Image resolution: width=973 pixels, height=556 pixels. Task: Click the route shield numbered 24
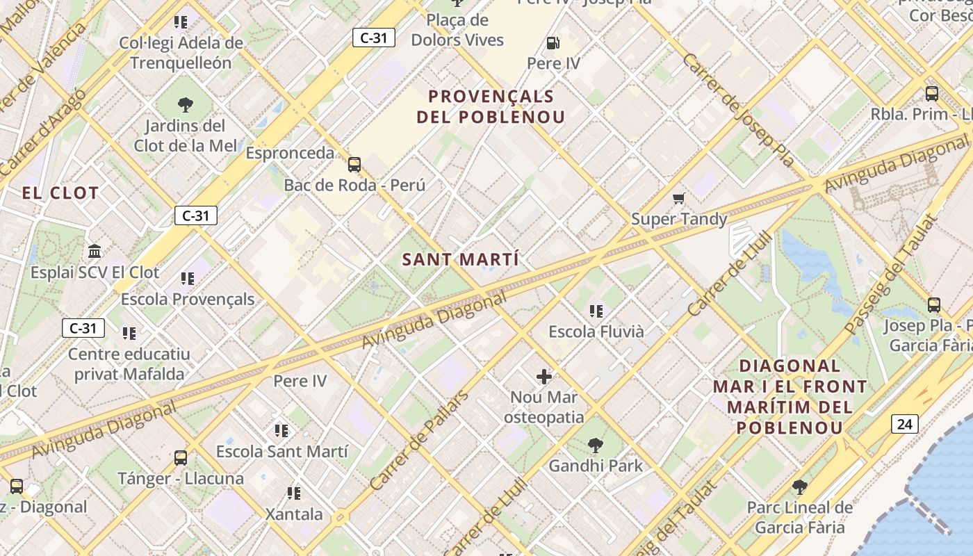coord(904,424)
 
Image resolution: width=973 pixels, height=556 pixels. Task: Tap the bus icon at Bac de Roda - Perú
coord(354,165)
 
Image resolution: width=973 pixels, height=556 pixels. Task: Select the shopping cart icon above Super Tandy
coord(679,199)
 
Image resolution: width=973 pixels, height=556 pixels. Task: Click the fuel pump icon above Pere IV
coord(553,43)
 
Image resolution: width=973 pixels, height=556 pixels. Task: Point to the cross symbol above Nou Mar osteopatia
coord(544,377)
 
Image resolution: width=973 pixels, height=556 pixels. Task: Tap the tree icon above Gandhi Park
coord(595,445)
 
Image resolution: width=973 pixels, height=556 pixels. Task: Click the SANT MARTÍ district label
coord(460,260)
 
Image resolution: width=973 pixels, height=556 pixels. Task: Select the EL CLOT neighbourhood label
coord(60,193)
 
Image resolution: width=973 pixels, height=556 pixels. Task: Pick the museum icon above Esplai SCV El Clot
coord(95,251)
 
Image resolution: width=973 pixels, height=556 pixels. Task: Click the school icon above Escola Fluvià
coord(596,311)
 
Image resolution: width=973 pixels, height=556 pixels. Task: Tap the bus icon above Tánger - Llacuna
coord(181,457)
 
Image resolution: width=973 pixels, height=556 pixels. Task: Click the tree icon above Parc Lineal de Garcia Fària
coord(799,486)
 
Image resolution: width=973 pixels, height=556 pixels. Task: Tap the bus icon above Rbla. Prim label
coord(932,93)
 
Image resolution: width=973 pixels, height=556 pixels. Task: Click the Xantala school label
coord(294,514)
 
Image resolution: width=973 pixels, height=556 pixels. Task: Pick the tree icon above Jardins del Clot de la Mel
coord(185,105)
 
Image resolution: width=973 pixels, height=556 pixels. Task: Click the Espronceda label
coord(290,153)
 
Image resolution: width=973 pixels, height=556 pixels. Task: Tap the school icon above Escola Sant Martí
coord(281,431)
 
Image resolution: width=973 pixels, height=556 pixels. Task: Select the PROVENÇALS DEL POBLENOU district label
coord(491,106)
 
